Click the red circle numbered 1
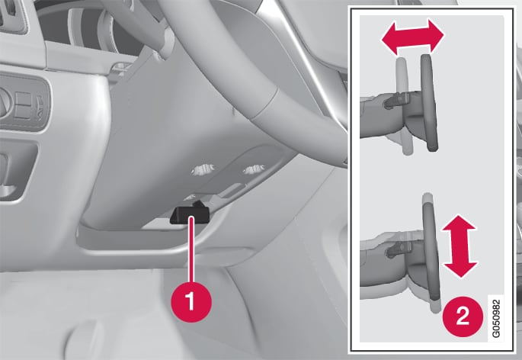point(191,301)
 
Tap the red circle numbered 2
point(463,315)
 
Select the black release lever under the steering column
point(190,214)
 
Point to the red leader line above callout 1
point(191,249)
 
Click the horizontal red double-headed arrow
point(412,37)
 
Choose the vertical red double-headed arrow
point(460,246)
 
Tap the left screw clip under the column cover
point(203,169)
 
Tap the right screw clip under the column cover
point(254,169)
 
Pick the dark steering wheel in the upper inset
point(430,103)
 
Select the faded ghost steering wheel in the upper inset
point(404,106)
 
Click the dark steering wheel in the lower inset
point(431,250)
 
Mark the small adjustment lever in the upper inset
point(396,101)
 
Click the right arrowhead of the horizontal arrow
point(436,35)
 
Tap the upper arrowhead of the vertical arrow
point(459,223)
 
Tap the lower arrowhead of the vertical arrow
point(460,269)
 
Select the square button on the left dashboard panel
point(24,102)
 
